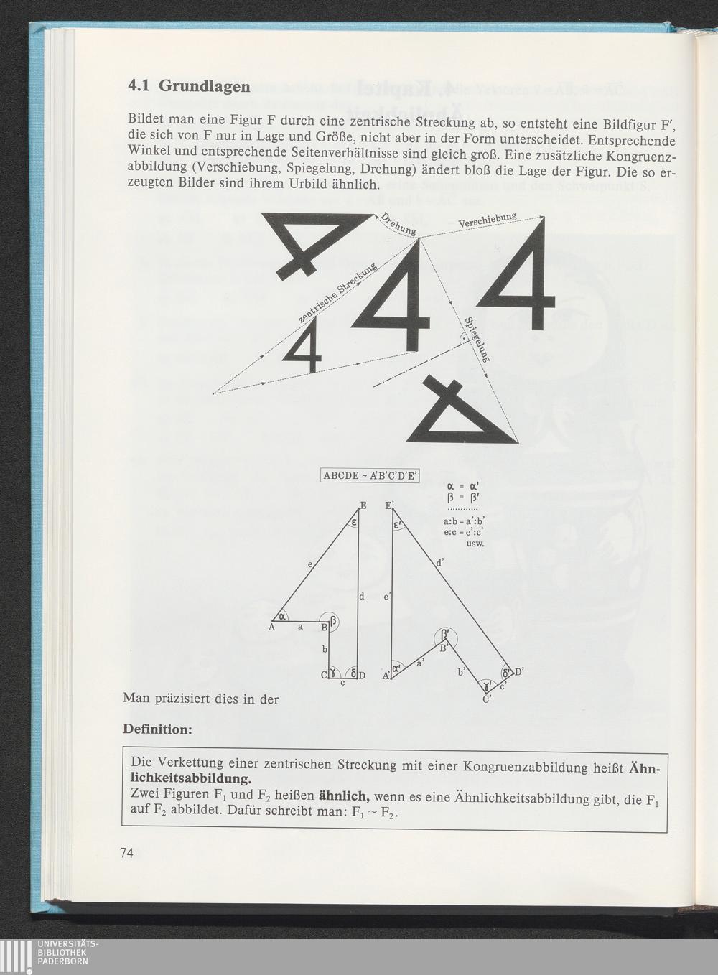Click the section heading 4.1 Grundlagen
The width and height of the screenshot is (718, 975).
(189, 85)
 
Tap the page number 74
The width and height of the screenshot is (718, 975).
(126, 853)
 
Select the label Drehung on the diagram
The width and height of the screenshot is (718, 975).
(398, 224)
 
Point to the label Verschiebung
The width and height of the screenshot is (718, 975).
(488, 220)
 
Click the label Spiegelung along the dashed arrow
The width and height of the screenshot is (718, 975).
(477, 339)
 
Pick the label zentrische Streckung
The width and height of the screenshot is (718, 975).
(337, 294)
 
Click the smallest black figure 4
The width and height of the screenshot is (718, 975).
(302, 345)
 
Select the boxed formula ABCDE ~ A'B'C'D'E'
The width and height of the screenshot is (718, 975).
(370, 475)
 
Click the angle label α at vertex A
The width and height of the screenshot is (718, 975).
(282, 616)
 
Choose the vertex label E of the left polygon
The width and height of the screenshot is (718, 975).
(363, 505)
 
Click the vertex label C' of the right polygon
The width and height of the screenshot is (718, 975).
(487, 699)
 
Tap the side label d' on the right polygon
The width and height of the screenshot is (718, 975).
(439, 563)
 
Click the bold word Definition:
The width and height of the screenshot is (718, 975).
(157, 729)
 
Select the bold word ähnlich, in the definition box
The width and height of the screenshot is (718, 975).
(345, 796)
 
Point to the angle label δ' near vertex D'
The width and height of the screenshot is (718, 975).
(506, 673)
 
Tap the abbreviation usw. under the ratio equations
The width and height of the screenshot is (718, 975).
(475, 544)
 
